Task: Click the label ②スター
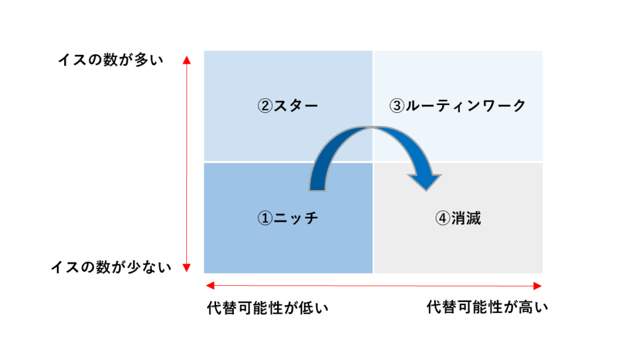288,106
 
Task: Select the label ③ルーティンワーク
457,106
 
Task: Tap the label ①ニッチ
288,218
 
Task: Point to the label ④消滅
458,218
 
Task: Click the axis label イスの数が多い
111,60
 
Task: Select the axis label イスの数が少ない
111,267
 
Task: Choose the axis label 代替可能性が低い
268,308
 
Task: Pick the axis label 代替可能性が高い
488,307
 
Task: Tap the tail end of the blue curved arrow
317,189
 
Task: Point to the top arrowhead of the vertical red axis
186,60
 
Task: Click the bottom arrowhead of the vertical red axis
186,267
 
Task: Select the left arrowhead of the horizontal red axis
210,286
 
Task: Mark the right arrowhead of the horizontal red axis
538,287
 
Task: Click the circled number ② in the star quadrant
265,106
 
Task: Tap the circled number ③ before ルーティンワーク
397,106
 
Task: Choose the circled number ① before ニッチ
265,218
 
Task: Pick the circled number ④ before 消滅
443,218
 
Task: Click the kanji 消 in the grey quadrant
459,218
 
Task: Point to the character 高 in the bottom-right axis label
526,307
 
